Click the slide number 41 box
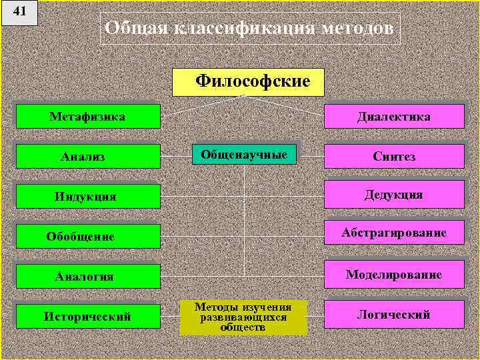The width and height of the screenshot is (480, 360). click(19, 13)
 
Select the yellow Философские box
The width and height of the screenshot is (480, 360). click(248, 82)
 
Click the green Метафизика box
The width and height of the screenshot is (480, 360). click(88, 117)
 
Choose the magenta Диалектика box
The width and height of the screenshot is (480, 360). click(394, 117)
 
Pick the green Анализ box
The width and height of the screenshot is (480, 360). click(88, 157)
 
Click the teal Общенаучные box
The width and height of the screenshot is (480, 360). click(244, 155)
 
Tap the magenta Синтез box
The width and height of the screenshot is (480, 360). click(394, 157)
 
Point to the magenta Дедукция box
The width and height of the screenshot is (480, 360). click(394, 195)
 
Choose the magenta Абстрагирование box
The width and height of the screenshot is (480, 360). click(394, 233)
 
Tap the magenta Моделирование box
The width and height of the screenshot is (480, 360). click(394, 274)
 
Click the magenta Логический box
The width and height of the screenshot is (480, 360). click(394, 314)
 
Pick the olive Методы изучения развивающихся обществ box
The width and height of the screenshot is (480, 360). click(243, 317)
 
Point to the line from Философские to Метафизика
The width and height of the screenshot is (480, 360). click(200, 107)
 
